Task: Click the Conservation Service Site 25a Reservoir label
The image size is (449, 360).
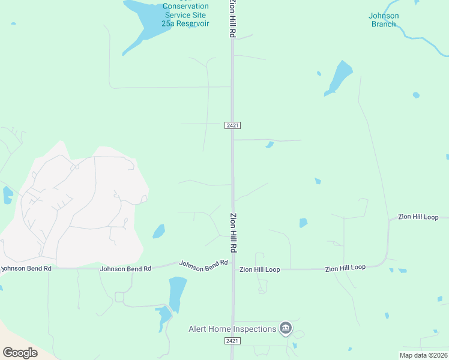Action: point(185,14)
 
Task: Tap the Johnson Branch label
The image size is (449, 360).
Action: point(384,20)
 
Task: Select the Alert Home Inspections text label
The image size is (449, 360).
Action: point(232,329)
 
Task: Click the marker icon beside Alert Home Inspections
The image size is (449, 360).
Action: point(286,328)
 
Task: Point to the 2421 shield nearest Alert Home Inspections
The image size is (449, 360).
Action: point(232,341)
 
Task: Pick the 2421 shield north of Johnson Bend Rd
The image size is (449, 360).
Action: point(233,125)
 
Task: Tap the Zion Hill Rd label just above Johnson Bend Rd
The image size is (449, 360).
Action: point(233,232)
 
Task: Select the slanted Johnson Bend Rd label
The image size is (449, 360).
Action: point(204,263)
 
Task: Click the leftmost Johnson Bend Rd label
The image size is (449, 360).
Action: point(26,269)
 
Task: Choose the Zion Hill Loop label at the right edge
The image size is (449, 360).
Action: point(423,217)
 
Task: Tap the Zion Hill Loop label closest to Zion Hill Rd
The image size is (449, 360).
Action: point(260,270)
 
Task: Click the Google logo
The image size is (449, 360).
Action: point(20,352)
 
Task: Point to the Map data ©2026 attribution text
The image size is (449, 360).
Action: point(423,355)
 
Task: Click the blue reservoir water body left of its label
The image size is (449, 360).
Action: point(141,24)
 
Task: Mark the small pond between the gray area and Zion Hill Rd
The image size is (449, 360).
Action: point(158,231)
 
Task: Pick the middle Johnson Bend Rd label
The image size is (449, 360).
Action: point(125,269)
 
